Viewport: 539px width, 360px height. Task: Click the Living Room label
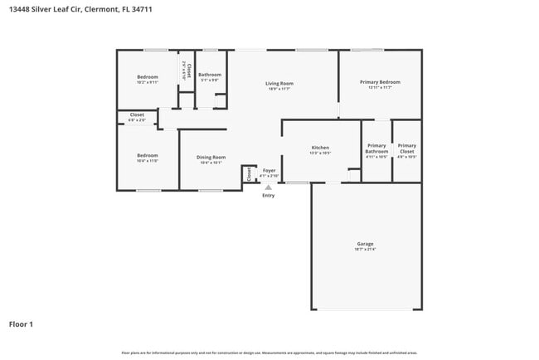[x=279, y=83]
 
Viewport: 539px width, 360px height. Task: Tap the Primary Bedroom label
[x=380, y=82]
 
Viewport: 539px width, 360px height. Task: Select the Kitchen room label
[x=320, y=147]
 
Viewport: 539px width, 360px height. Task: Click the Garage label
[x=366, y=244]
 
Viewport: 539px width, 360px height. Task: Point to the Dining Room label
[x=211, y=157]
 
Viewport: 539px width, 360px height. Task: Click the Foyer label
[x=269, y=170]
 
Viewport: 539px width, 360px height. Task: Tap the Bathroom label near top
[x=209, y=75]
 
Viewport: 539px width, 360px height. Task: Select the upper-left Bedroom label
[x=146, y=77]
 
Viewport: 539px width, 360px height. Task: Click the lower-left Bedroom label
[x=147, y=155]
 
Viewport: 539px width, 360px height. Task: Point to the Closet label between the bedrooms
[x=137, y=114]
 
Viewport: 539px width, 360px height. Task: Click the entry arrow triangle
[x=268, y=187]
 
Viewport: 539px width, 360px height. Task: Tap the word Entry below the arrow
[x=268, y=196]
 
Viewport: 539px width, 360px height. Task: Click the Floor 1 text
[x=21, y=324]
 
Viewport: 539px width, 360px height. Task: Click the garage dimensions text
[x=366, y=250]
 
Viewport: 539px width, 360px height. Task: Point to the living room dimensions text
[x=279, y=89]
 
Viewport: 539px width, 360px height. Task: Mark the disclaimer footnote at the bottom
[x=269, y=353]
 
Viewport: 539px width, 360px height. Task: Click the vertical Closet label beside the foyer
[x=249, y=174]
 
